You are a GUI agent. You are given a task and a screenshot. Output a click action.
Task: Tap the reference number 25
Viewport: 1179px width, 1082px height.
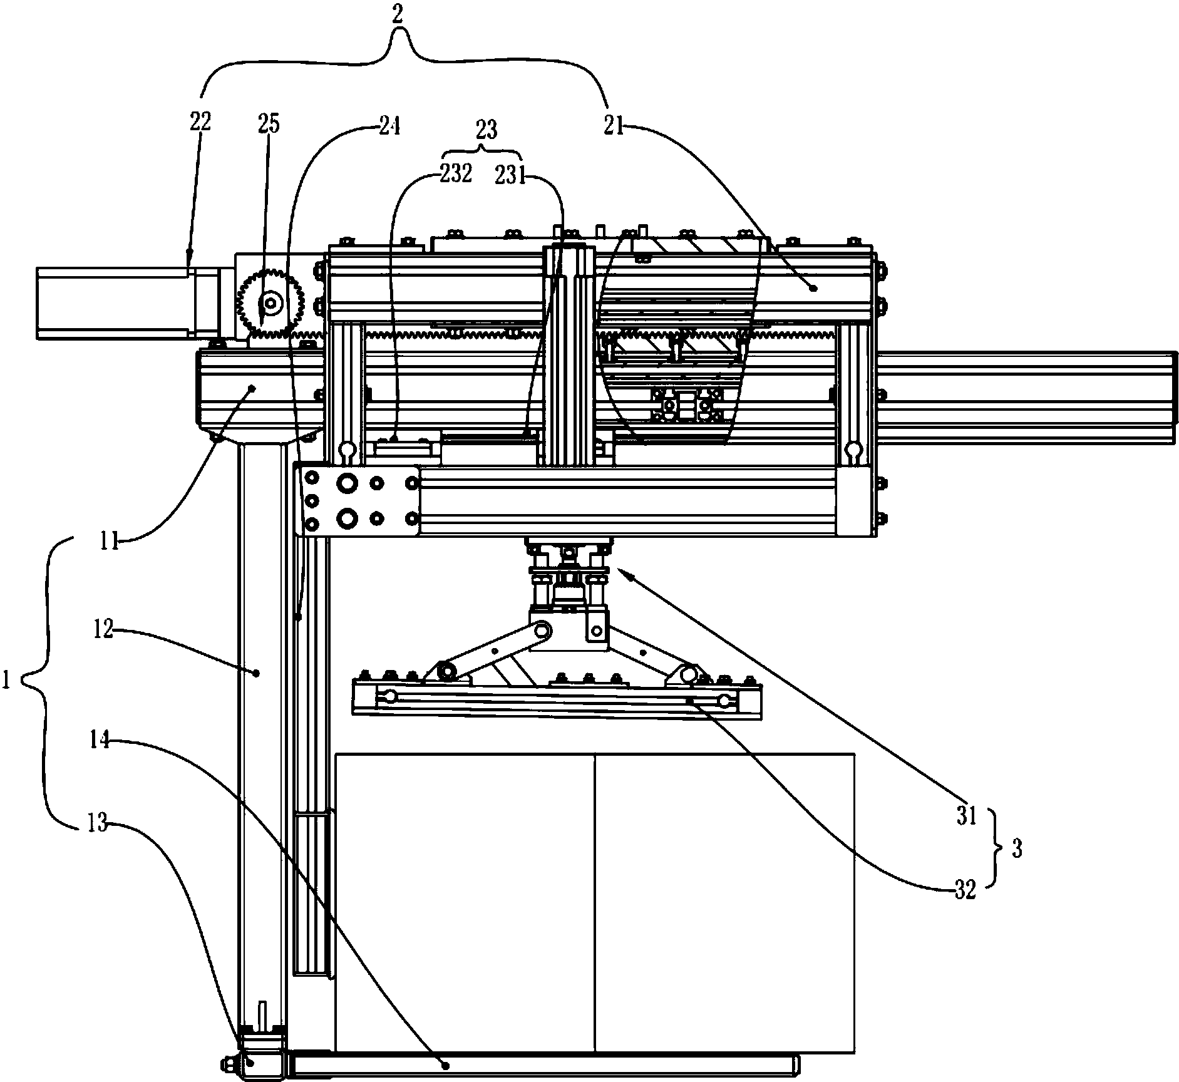[x=268, y=125]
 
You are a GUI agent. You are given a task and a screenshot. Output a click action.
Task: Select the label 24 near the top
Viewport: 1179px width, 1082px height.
[x=388, y=127]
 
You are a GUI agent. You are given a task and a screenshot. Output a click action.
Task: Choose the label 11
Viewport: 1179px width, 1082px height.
[x=111, y=540]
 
